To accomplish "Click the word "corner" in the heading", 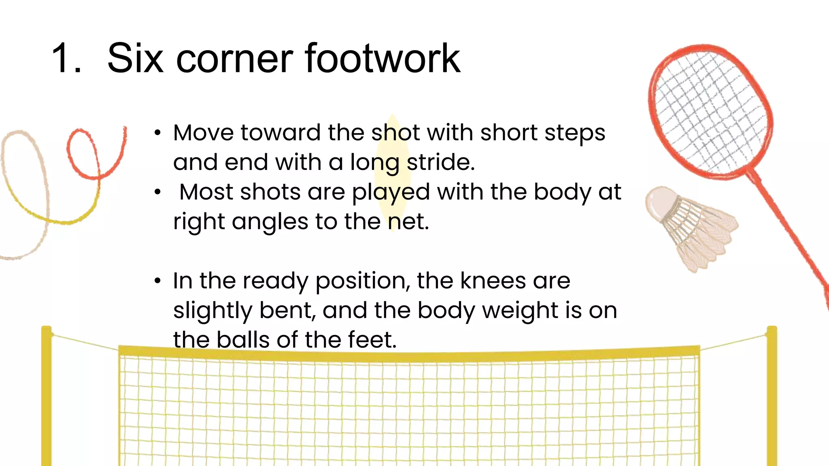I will tap(234, 59).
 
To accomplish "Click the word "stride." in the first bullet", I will tap(440, 162).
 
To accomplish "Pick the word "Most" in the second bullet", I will tap(206, 192).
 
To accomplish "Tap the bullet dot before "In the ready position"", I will tap(157, 281).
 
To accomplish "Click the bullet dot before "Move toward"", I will tap(157, 133).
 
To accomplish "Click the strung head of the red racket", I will tap(710, 111).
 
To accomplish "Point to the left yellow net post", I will tap(47, 396).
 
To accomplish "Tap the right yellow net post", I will tap(772, 396).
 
